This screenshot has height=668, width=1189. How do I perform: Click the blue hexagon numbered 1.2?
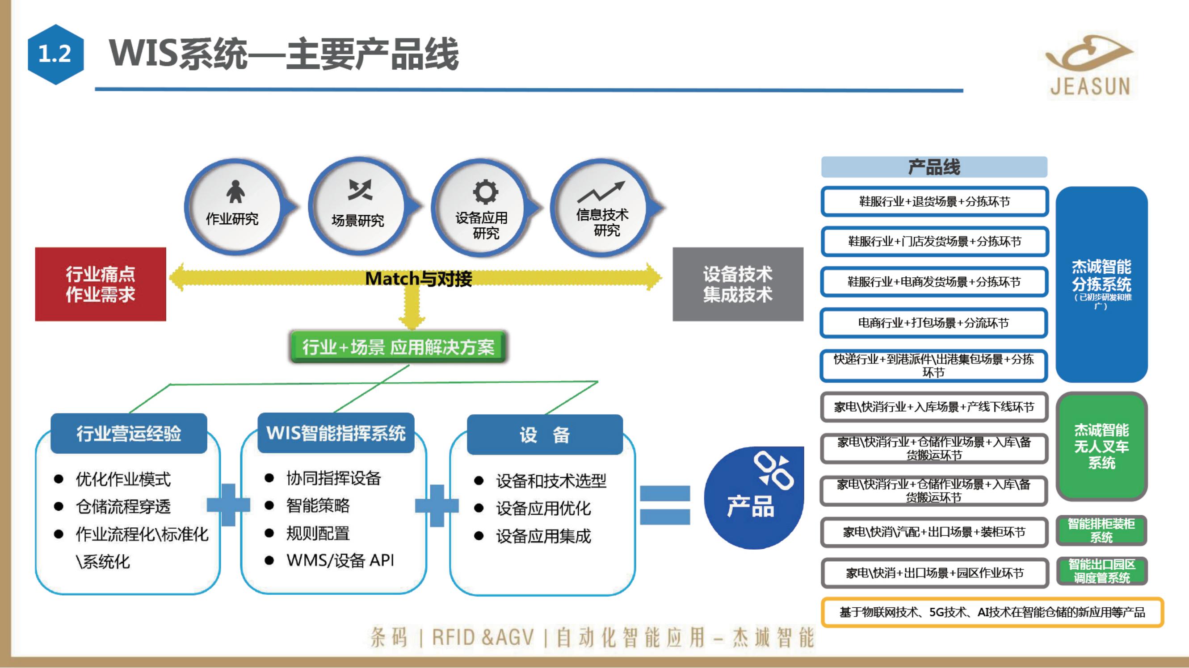(x=55, y=54)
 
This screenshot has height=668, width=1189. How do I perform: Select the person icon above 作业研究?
(x=235, y=192)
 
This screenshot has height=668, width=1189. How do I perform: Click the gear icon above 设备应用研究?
(x=485, y=192)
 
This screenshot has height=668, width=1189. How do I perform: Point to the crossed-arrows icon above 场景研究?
(x=360, y=190)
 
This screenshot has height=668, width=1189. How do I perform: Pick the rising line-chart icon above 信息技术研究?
(x=601, y=192)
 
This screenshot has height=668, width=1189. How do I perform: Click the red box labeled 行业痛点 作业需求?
(x=101, y=284)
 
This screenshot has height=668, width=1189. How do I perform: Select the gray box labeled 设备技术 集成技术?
(x=738, y=284)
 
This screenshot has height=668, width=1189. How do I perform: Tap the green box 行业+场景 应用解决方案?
(x=398, y=347)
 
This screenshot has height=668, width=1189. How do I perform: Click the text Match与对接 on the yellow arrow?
(x=418, y=279)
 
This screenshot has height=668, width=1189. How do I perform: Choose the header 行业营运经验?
(x=129, y=434)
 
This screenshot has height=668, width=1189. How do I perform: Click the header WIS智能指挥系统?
(x=336, y=433)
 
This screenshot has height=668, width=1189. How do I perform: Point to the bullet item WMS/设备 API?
(x=340, y=560)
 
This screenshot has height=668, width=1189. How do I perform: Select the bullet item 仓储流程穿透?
(x=123, y=506)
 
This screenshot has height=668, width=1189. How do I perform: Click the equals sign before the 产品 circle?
(x=665, y=505)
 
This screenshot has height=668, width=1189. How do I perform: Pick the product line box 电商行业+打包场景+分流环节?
(x=933, y=323)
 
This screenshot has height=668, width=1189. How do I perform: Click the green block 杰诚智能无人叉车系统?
(x=1101, y=446)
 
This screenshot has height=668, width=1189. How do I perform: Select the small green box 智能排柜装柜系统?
(x=1101, y=530)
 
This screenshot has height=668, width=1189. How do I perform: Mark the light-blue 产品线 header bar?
(x=934, y=167)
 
